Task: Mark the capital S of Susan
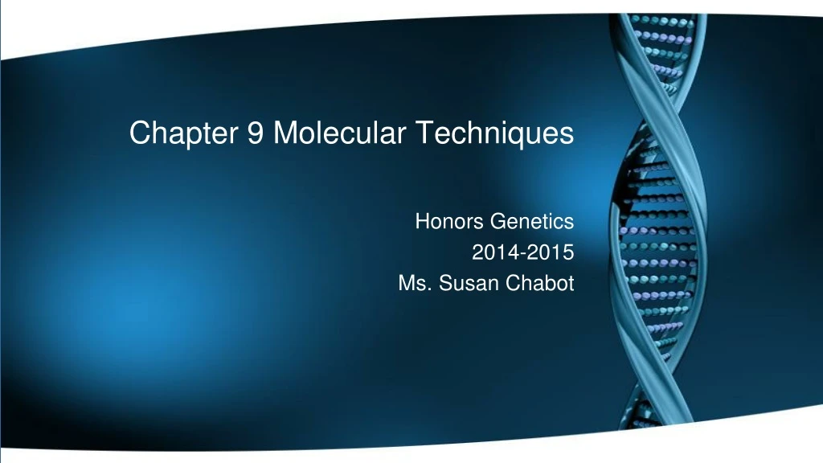443,284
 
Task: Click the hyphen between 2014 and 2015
523,253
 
